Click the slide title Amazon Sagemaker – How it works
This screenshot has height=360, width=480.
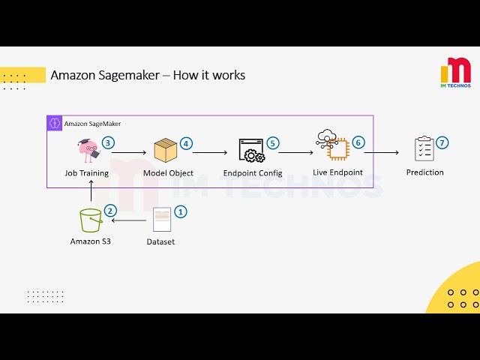(147, 75)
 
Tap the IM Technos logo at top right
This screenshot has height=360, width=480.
(455, 73)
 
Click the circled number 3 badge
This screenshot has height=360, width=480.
(108, 142)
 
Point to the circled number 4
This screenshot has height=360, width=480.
(186, 142)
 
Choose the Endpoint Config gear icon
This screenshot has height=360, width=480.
(251, 151)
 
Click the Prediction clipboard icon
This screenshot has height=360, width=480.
(424, 149)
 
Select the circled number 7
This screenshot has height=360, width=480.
(442, 142)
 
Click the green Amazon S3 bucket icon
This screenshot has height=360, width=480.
(91, 220)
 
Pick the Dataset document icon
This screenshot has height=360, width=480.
(161, 220)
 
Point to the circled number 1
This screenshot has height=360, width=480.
(180, 211)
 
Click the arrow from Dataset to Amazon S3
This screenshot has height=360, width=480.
(128, 221)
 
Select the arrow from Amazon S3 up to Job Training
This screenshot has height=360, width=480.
(91, 193)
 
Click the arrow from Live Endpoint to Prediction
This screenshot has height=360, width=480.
(382, 152)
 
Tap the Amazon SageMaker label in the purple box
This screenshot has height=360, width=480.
(92, 124)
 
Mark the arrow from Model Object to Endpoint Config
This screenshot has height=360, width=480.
(209, 152)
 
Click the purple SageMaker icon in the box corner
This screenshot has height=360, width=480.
(54, 123)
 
